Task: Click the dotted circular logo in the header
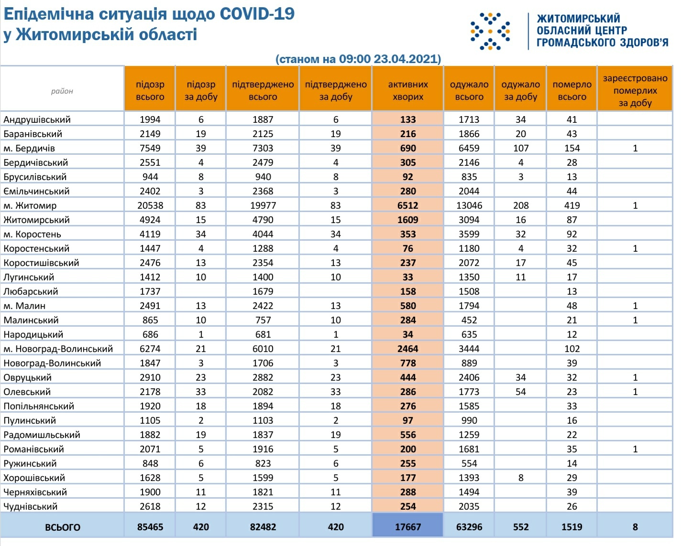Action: coord(490,32)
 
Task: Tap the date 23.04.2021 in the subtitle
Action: coord(407,59)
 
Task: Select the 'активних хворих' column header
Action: coord(407,90)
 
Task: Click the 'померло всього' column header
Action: coord(572,90)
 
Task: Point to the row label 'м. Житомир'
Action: coord(30,205)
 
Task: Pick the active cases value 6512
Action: coord(407,205)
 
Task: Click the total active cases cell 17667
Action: coord(407,527)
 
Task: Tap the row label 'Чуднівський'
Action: coord(31,506)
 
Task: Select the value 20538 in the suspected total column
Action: coord(150,205)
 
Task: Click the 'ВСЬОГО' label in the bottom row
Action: coord(63,527)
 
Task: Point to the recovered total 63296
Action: coord(469,527)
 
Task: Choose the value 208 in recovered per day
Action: coord(521,205)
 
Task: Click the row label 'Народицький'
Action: coord(33,334)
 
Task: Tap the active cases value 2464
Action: coord(407,349)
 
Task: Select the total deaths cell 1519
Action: coord(572,527)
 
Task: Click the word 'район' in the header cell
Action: coord(62,91)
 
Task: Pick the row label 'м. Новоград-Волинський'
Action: coord(58,349)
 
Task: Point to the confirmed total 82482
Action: coord(263,527)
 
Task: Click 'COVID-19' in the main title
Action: coord(257,14)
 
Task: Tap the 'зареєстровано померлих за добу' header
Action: coord(635,90)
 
